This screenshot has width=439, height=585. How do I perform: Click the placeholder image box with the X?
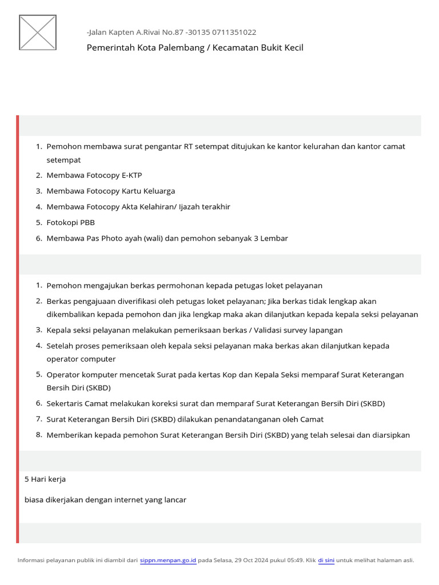pos(38,32)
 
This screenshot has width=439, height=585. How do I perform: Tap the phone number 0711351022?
pos(234,33)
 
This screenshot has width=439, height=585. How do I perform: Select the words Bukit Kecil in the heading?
pos(282,47)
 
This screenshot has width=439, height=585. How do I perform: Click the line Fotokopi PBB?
pos(70,222)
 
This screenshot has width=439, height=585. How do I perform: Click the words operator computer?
pos(81,359)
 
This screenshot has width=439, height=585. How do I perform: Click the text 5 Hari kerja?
pos(45,479)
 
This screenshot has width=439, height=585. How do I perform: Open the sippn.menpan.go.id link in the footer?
pos(168,560)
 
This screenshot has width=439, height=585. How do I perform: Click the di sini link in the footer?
pos(326,560)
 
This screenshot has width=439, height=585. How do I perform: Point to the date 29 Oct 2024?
pos(250,560)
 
